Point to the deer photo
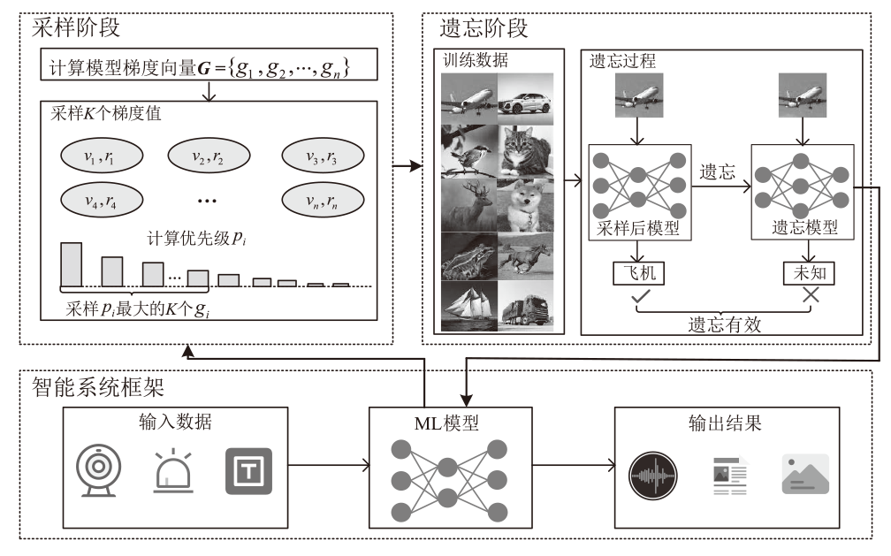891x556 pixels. [x=470, y=207]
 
